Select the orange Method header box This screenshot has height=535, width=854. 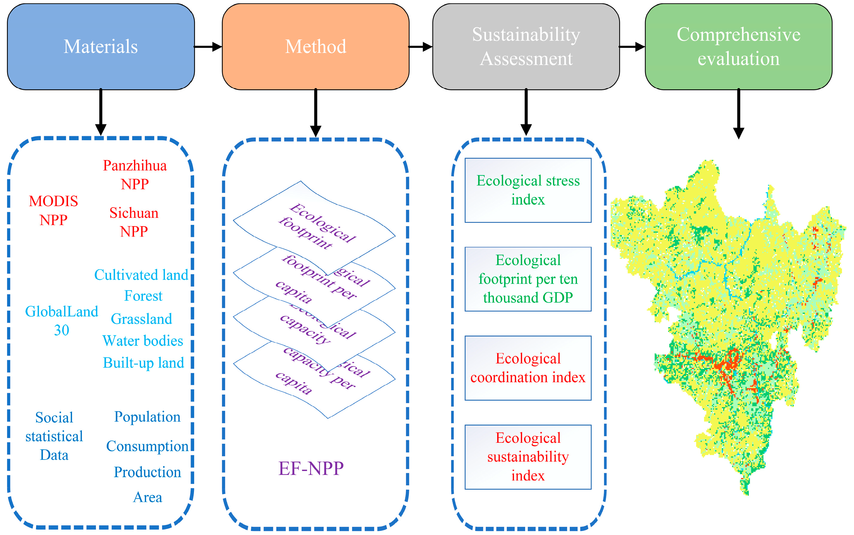[315, 46]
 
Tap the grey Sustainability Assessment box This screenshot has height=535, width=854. [526, 46]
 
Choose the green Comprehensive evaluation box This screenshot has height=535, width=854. [738, 46]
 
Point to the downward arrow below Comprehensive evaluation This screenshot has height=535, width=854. [738, 113]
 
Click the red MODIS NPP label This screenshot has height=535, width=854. [53, 210]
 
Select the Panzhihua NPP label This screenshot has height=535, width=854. [135, 174]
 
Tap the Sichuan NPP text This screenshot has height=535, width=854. [134, 222]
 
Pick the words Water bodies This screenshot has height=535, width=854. [143, 340]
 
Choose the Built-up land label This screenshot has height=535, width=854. [143, 362]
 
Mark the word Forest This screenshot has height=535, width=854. [143, 295]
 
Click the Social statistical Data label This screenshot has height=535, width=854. [54, 436]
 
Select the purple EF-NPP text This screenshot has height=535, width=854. [311, 468]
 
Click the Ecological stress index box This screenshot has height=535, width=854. [528, 190]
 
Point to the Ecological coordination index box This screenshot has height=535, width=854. [528, 368]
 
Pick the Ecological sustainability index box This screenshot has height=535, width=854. [528, 457]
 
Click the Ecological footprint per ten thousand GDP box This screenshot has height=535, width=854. [528, 279]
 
